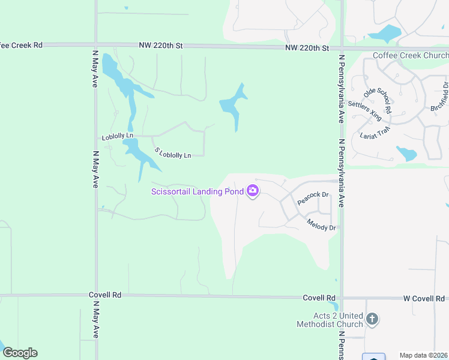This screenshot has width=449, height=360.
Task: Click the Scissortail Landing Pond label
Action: [x=197, y=191]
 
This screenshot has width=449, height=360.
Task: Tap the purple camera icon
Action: [x=253, y=191]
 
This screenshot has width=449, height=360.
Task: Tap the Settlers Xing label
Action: [x=364, y=111]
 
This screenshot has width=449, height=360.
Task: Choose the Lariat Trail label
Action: [x=375, y=131]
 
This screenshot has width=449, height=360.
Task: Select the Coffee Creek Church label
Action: [x=411, y=55]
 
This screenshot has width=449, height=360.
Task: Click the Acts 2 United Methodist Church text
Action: [x=330, y=320]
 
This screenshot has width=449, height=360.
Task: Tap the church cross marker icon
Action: [x=372, y=319]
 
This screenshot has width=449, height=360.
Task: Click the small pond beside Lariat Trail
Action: [x=407, y=153]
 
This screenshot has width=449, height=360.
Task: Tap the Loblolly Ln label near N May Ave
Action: [x=117, y=137]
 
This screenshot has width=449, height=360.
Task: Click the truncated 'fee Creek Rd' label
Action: [x=22, y=45]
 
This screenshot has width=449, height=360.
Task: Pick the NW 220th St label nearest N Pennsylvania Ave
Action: [x=307, y=47]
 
